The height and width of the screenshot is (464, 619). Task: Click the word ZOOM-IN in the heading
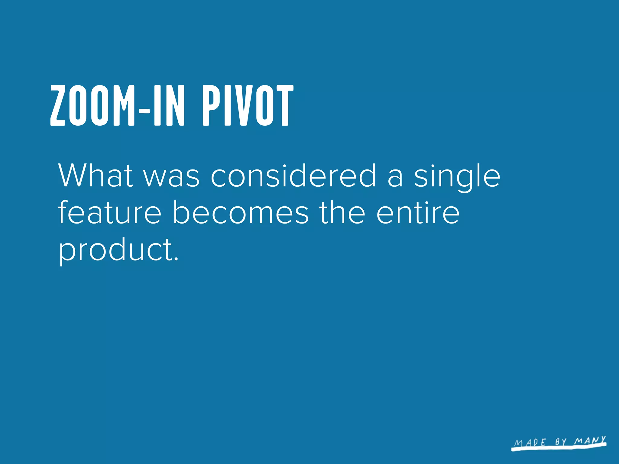point(117,105)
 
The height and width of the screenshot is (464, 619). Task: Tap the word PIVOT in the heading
point(248,105)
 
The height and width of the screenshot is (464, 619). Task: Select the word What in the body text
point(96,176)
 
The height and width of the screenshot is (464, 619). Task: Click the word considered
point(293,176)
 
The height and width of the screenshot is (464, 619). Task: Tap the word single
point(457,177)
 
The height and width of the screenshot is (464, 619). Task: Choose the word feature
point(109,213)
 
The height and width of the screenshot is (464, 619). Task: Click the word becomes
point(240,213)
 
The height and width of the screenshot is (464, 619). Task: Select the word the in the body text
point(342,213)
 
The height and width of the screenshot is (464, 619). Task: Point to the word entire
point(418,213)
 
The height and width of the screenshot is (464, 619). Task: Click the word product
point(115,251)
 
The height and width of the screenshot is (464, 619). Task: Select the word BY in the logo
point(561,442)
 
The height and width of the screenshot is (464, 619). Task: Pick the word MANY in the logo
point(590,440)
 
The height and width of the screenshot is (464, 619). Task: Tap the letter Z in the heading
point(58,105)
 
